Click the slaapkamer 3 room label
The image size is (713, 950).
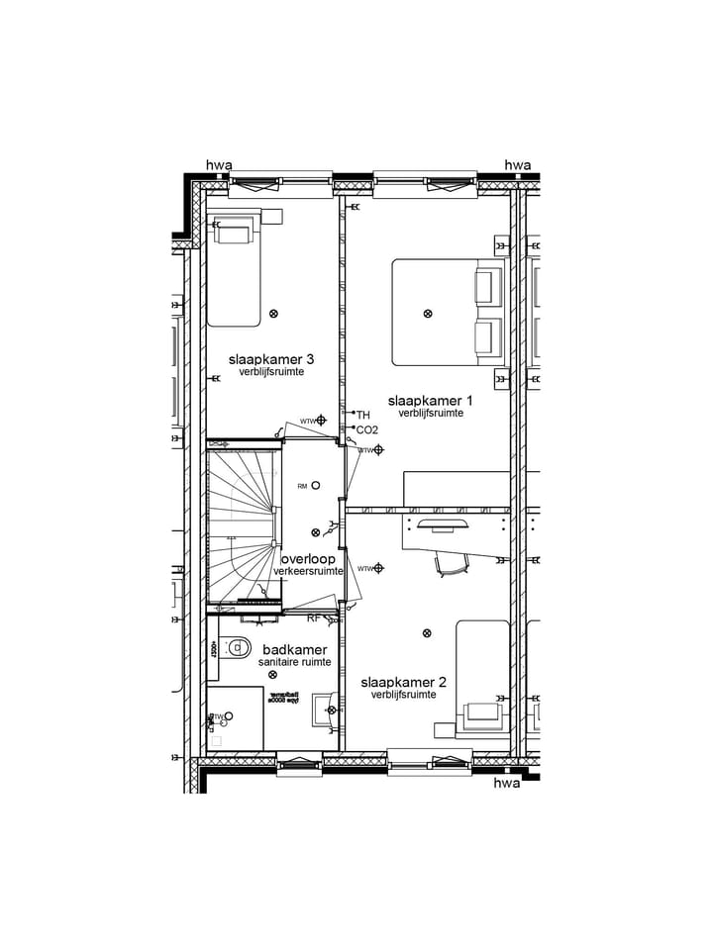point(271,358)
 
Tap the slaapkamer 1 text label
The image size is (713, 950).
point(430,400)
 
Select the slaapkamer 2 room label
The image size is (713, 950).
point(403,682)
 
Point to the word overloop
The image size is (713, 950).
point(307,558)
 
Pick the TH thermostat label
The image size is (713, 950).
point(362,415)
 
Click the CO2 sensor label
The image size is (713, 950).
point(366,430)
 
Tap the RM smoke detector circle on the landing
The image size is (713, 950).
point(315,485)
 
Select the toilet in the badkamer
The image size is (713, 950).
point(236,648)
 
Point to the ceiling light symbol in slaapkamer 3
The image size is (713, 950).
point(274,314)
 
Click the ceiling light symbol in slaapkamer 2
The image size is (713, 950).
point(427,633)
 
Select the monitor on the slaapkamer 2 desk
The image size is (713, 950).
point(442,523)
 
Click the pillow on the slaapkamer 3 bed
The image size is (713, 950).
point(236,233)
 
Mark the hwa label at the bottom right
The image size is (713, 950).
point(506,783)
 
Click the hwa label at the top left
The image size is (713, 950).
point(218,165)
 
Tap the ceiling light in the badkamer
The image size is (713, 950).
point(273,674)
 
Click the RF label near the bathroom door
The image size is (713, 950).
point(313,618)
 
